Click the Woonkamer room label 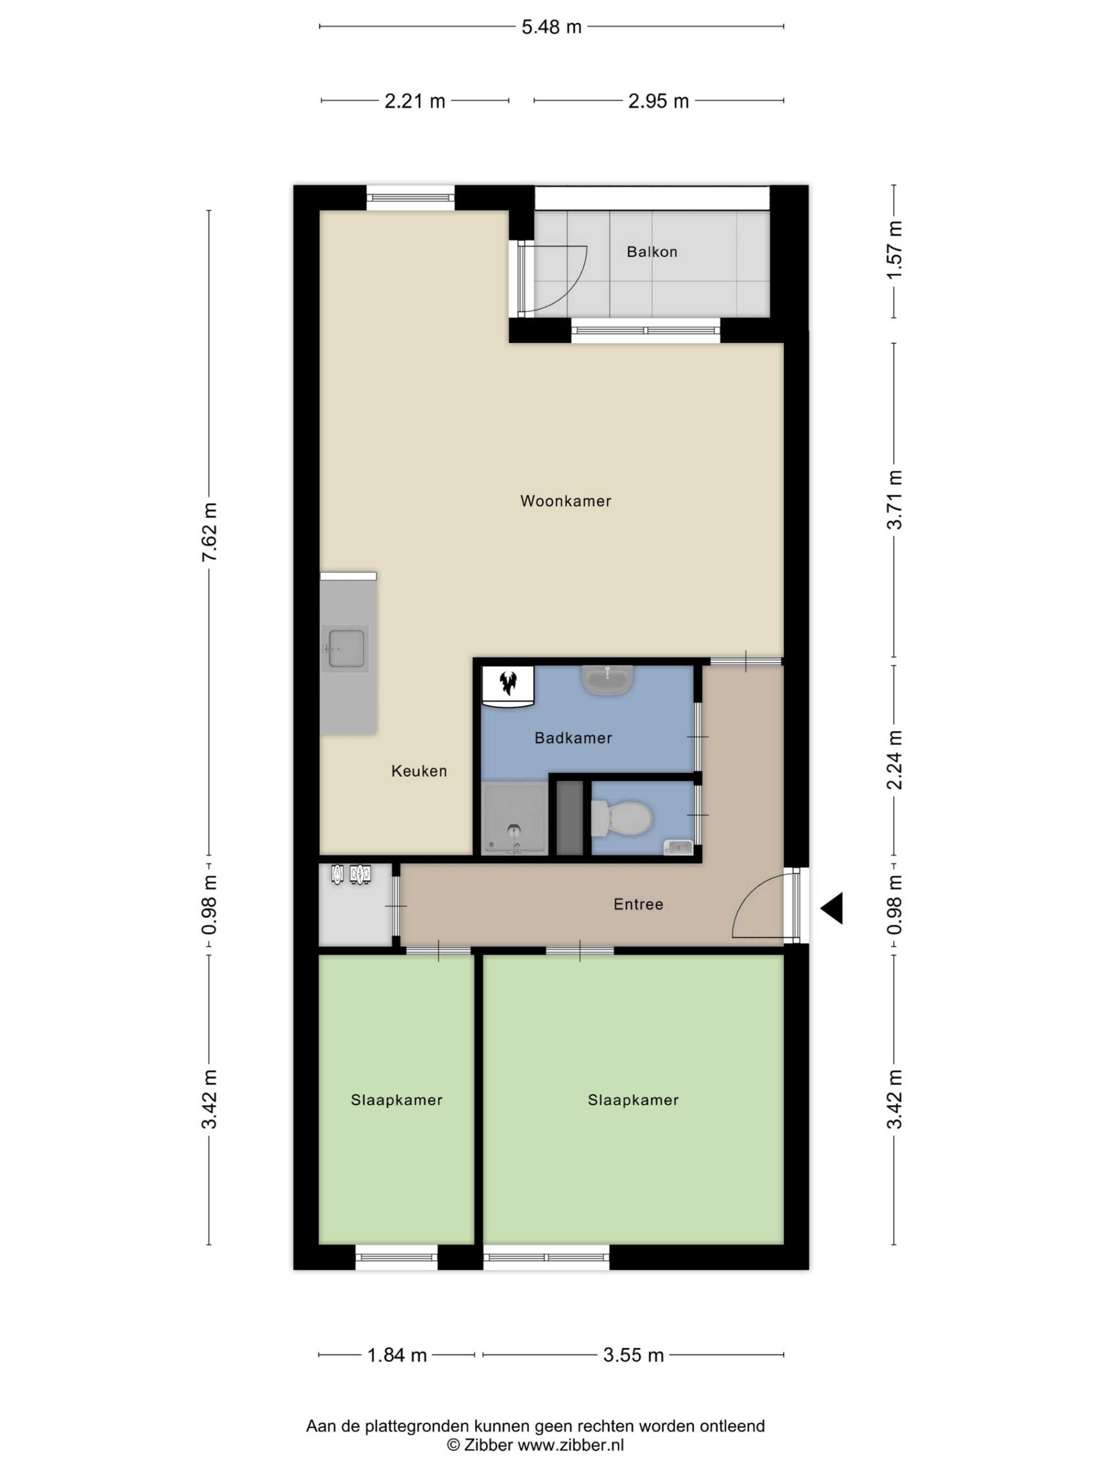tap(565, 501)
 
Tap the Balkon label tap(651, 252)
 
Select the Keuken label tap(419, 771)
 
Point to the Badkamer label tap(573, 737)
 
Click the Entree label tap(638, 904)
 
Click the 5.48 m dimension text tap(551, 27)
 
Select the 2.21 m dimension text tap(415, 101)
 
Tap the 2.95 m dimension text tap(658, 101)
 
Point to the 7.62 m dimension tap(209, 532)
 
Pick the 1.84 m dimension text tap(397, 1355)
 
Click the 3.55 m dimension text tap(633, 1355)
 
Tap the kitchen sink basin tap(346, 648)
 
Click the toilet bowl tap(622, 818)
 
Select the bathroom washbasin tap(607, 679)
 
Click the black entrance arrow tap(832, 908)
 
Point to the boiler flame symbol tap(508, 682)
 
